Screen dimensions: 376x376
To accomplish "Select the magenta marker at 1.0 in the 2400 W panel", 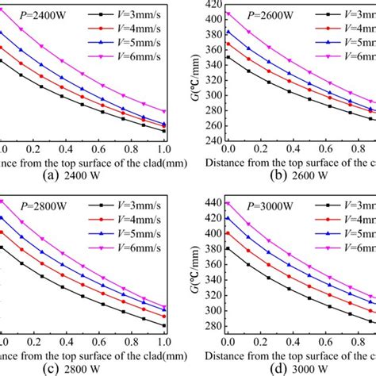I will pos(164,112).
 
